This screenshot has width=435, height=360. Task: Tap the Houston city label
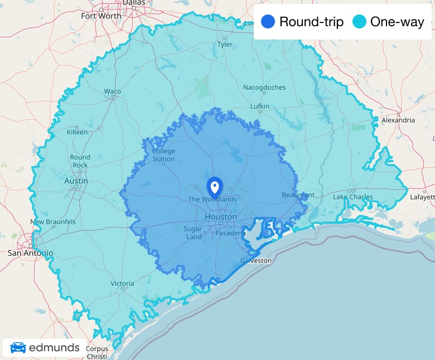click(220, 216)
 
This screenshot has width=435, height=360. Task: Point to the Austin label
click(76, 181)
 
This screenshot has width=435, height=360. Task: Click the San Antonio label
click(30, 253)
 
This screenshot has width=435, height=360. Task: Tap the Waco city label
click(112, 91)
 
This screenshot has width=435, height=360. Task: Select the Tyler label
click(225, 44)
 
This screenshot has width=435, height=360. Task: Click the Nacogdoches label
click(264, 87)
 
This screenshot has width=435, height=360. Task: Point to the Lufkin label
click(259, 106)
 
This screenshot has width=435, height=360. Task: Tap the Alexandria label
click(398, 120)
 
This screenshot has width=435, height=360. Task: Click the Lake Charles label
click(352, 197)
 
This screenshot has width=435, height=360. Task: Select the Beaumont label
click(298, 195)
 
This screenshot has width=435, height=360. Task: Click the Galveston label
click(256, 260)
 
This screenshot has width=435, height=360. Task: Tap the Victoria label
click(122, 284)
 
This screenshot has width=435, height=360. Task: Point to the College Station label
click(163, 155)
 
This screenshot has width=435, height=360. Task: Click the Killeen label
click(77, 132)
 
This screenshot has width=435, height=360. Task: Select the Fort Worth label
click(101, 16)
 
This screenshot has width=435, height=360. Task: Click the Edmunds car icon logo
click(18, 348)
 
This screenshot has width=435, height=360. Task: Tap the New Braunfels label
click(53, 222)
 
